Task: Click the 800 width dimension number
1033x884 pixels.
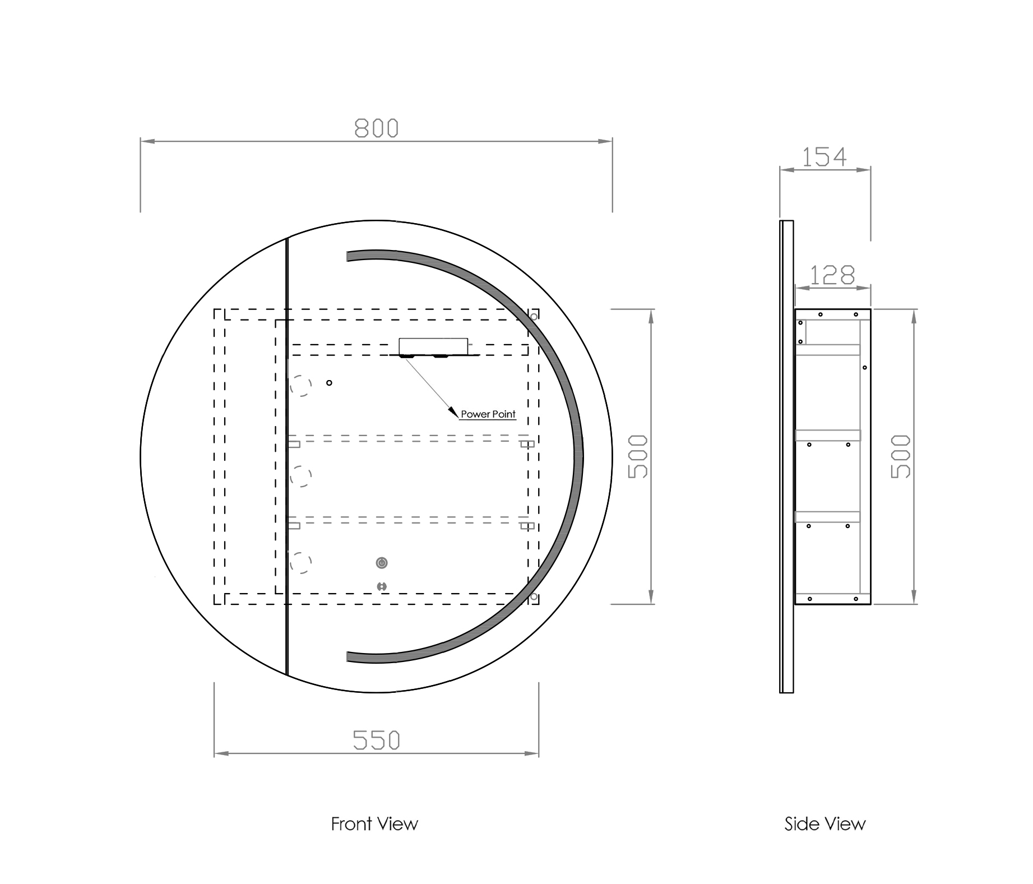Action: [x=376, y=128]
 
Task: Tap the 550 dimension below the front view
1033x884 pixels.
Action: [x=376, y=740]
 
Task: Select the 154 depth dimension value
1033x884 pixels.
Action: [x=824, y=157]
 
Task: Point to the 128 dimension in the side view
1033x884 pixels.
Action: [x=832, y=275]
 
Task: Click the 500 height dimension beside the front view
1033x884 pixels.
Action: [x=638, y=456]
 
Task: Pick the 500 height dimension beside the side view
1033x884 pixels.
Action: [x=901, y=456]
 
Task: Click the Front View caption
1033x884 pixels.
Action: [x=374, y=824]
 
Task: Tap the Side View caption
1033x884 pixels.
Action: [x=825, y=824]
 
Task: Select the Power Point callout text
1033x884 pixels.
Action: [x=488, y=414]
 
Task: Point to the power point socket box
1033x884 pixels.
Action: [x=433, y=346]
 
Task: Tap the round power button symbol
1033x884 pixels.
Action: [x=382, y=562]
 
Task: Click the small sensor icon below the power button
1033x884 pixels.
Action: [x=382, y=586]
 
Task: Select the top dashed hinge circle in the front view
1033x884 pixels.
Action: [x=301, y=386]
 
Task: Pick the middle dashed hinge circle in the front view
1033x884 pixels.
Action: [x=301, y=476]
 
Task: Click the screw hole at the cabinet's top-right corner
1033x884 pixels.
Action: [x=534, y=317]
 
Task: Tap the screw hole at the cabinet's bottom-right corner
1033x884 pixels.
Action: [x=534, y=596]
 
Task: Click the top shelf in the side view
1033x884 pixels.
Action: [x=828, y=350]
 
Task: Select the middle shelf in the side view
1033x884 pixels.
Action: [x=828, y=435]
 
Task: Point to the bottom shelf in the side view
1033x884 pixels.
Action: [x=828, y=517]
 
